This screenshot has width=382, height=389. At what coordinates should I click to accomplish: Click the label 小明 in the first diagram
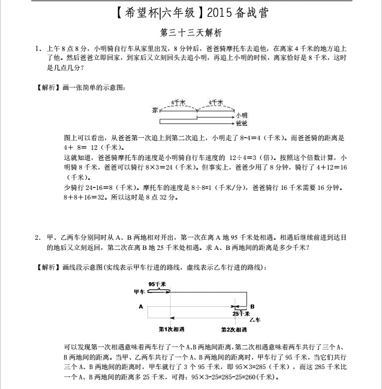tap(242, 114)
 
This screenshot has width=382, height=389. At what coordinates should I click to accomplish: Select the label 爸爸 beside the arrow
tap(242, 123)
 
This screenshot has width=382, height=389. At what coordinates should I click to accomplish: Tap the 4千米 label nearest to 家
tap(178, 102)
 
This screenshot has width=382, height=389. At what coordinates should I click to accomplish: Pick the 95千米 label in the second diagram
tap(157, 284)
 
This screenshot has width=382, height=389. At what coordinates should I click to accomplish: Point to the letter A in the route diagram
tap(140, 306)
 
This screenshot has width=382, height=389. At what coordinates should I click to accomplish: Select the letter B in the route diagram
tap(252, 306)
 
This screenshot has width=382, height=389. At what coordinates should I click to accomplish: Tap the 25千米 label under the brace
tap(240, 313)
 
